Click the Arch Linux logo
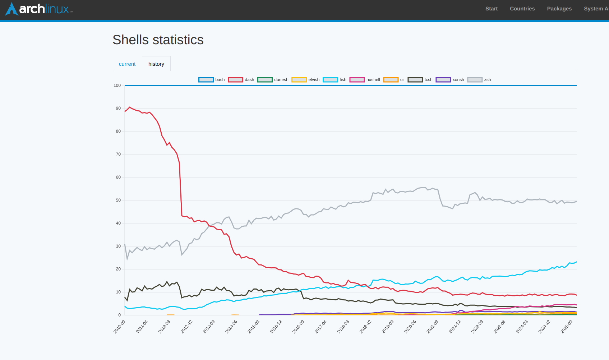[x=39, y=9]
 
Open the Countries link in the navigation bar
[x=522, y=9]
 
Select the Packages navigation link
[x=559, y=9]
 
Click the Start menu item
[x=491, y=9]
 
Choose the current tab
[x=127, y=64]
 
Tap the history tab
[x=156, y=64]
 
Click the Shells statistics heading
[x=158, y=40]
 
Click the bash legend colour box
[x=206, y=80]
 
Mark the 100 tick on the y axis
[x=117, y=86]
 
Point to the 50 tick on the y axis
[x=118, y=200]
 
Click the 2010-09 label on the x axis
[x=120, y=327]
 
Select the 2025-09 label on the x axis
[x=567, y=327]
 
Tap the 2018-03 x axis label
[x=343, y=327]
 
